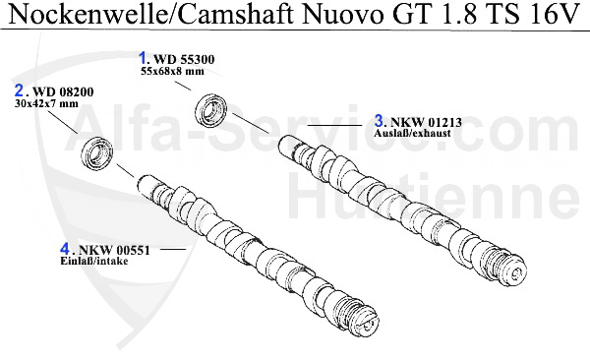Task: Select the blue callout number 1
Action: pyautogui.click(x=144, y=58)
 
